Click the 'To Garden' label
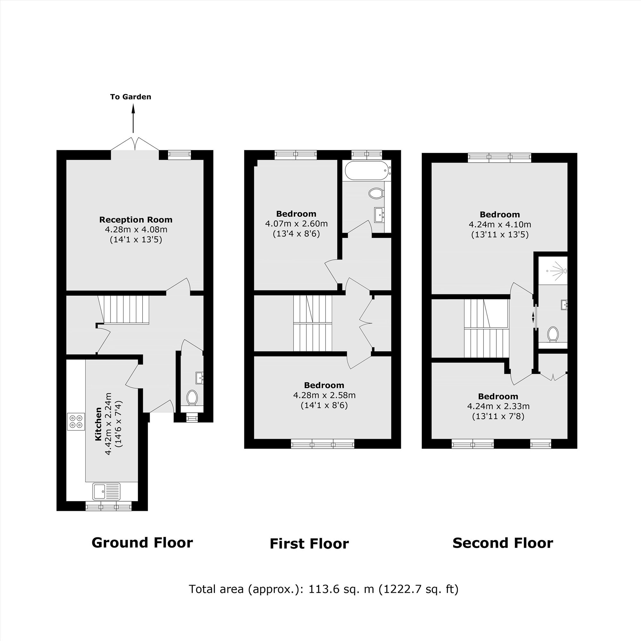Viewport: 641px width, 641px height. (131, 97)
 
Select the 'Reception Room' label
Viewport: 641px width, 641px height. (136, 220)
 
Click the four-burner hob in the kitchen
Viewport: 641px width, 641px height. (76, 421)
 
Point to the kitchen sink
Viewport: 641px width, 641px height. (106, 491)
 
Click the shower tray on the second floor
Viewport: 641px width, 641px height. (553, 271)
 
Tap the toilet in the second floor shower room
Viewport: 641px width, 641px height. (553, 334)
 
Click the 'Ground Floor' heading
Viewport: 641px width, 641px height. (142, 543)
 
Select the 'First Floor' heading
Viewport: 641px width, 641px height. (309, 544)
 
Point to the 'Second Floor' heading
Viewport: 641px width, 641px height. (503, 543)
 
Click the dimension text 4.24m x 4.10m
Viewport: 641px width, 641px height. (500, 225)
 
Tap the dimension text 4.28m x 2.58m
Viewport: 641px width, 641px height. (324, 395)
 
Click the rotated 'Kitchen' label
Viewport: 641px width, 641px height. (98, 424)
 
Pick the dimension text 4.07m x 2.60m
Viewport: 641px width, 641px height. (296, 224)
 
